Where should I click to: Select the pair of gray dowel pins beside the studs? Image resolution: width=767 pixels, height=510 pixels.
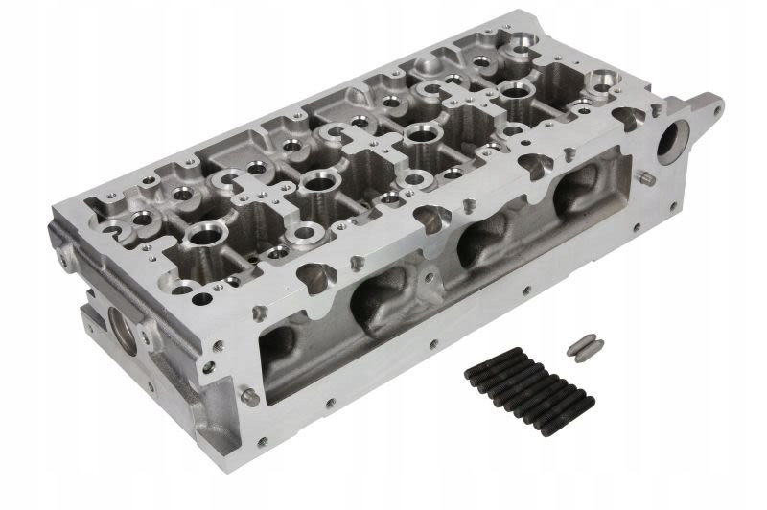(x=582, y=345)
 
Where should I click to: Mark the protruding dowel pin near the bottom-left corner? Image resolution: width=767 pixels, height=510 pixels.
(x=248, y=396)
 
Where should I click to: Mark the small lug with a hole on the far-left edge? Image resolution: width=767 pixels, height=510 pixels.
(x=64, y=257)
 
